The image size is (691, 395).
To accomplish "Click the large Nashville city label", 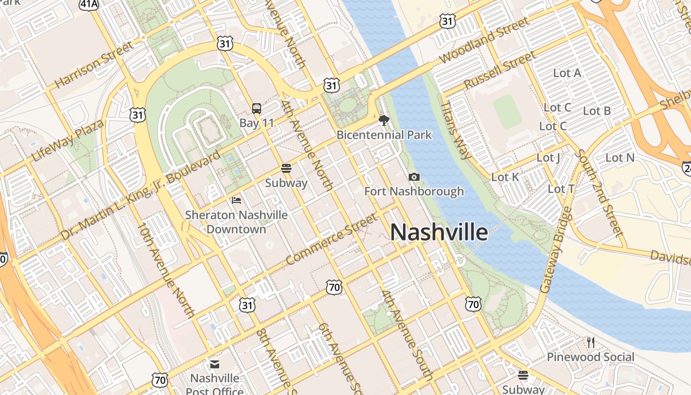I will (439, 232).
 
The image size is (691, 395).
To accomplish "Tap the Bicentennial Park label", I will (384, 135).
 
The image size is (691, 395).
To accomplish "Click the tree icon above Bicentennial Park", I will (384, 120).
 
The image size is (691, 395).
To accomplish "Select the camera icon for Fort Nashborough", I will (414, 177).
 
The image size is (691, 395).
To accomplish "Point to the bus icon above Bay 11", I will (257, 108).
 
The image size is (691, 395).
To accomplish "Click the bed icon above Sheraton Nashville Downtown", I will (236, 200).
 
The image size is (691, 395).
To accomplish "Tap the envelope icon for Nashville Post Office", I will (215, 364).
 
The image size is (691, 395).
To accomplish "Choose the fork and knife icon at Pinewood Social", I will (590, 342).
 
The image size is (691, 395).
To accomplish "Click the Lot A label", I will (567, 73).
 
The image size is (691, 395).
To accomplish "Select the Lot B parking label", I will (597, 111).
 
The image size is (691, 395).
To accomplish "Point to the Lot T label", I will (561, 189).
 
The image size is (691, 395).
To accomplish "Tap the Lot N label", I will (620, 158).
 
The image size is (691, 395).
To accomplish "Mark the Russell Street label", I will (499, 70).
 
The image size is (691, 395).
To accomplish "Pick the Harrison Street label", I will (94, 64).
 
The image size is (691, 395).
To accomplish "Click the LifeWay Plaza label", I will (68, 140).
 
